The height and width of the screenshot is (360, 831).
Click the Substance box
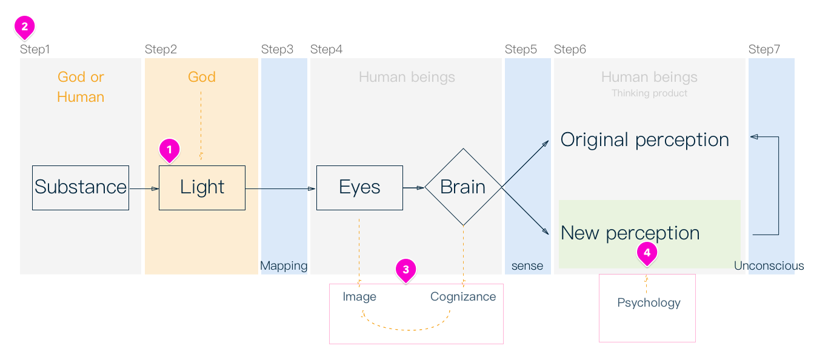(x=81, y=187)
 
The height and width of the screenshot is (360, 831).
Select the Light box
(x=202, y=187)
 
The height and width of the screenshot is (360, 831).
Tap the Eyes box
(x=359, y=187)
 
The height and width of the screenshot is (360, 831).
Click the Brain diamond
(x=463, y=187)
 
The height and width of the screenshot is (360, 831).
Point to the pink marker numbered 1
(x=170, y=149)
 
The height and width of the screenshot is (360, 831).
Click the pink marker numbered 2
(x=25, y=27)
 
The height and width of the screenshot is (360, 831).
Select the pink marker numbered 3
(x=406, y=269)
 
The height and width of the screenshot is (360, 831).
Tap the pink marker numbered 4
(x=647, y=253)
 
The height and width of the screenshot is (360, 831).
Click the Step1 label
(x=35, y=50)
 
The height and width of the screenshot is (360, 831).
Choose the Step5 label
(x=521, y=50)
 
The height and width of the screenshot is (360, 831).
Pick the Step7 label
(x=764, y=50)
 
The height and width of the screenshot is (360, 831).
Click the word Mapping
(x=284, y=265)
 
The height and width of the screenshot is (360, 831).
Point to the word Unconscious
(x=769, y=265)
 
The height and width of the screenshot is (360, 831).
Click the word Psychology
(x=649, y=302)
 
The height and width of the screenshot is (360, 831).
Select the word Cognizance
(x=463, y=296)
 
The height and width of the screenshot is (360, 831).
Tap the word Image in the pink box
(x=359, y=296)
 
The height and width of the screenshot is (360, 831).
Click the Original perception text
(x=644, y=139)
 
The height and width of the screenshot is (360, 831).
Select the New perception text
(x=630, y=233)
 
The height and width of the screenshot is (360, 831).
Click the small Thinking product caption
(x=649, y=93)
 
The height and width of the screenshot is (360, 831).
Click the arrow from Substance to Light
(x=144, y=188)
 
